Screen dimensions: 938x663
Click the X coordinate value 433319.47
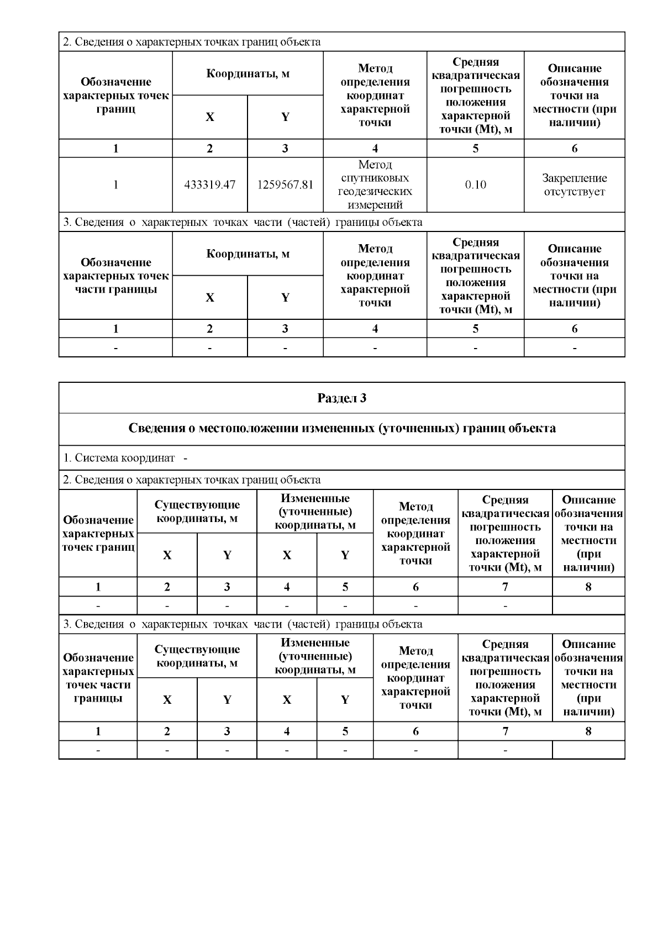209,185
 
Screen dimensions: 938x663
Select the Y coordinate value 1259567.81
285,185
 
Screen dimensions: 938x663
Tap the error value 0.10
475,185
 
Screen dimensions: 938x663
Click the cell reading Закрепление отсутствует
574,185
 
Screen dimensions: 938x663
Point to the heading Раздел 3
341,398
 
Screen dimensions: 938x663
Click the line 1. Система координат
119,458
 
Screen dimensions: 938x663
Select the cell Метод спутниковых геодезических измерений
375,185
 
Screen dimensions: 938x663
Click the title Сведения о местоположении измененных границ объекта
341,429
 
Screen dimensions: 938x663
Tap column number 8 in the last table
588,731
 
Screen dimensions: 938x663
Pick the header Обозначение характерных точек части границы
115,276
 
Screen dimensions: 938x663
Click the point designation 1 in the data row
115,185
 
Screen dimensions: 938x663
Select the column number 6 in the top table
574,149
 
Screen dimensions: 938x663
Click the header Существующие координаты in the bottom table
197,656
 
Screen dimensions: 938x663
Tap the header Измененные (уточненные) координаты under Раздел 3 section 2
315,512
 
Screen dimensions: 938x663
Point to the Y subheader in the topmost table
285,117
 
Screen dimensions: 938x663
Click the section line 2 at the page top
191,42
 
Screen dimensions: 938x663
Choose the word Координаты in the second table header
248,254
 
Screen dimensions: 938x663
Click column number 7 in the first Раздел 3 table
505,587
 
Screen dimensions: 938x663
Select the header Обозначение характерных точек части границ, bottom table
98,678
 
